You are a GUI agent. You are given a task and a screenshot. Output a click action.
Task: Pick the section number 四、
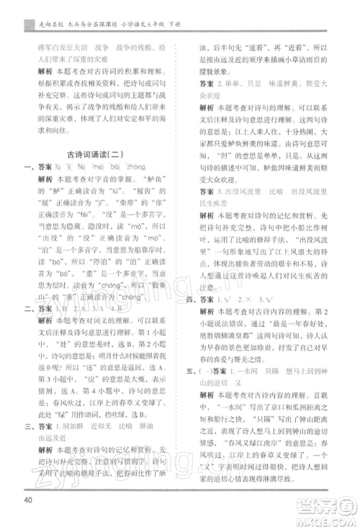point(194,297)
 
